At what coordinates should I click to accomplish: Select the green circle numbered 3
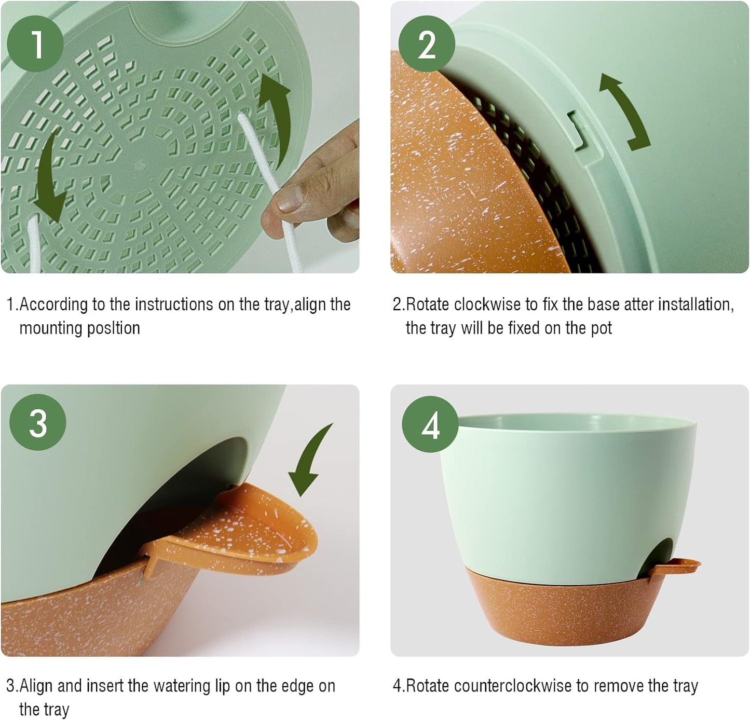point(38,423)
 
